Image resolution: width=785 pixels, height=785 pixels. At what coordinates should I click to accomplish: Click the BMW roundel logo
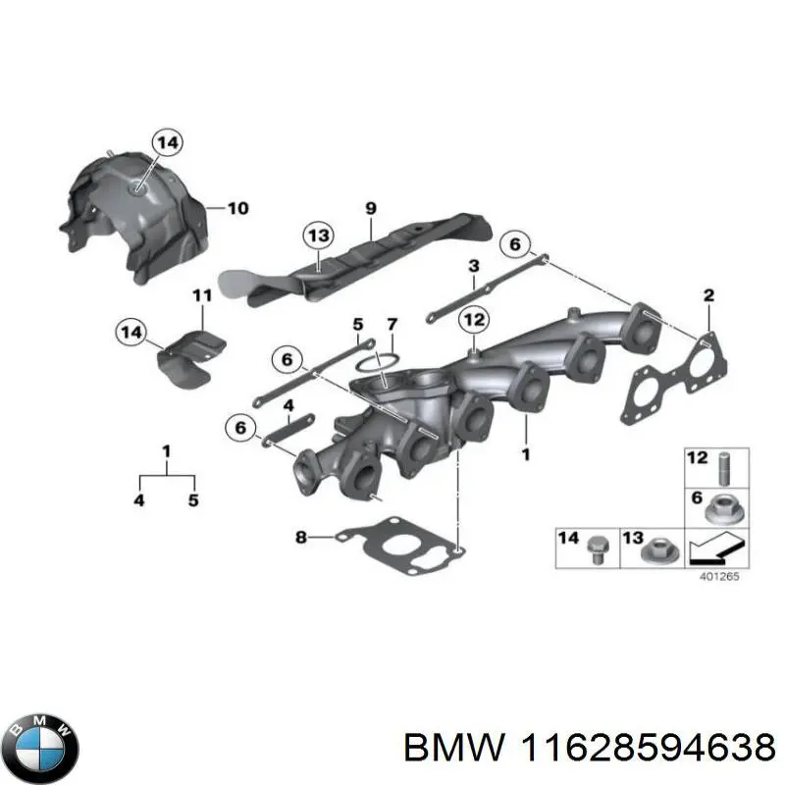(x=43, y=748)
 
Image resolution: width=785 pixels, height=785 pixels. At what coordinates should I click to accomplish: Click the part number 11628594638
(x=648, y=748)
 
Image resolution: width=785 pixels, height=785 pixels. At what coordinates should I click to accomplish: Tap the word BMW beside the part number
(x=453, y=748)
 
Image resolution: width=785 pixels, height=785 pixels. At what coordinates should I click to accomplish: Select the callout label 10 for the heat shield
(x=237, y=208)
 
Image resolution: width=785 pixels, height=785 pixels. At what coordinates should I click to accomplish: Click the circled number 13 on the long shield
(x=319, y=235)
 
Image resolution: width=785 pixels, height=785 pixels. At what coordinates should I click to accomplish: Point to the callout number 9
(x=371, y=208)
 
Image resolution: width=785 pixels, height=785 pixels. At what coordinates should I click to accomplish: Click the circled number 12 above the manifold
(x=474, y=320)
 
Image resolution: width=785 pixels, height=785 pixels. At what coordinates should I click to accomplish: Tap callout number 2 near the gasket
(x=708, y=295)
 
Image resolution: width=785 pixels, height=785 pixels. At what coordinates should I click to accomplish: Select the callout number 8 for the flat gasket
(x=300, y=537)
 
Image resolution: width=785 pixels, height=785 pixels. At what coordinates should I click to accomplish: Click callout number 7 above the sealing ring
(x=392, y=325)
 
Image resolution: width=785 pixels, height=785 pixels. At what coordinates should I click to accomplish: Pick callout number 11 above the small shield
(x=202, y=295)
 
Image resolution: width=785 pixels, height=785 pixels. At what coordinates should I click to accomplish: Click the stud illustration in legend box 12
(x=724, y=469)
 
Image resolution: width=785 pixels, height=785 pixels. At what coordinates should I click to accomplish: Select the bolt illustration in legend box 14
(x=597, y=550)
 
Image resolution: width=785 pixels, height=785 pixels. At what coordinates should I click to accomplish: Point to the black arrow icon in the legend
(x=716, y=548)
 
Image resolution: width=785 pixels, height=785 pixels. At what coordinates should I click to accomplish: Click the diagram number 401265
(x=718, y=576)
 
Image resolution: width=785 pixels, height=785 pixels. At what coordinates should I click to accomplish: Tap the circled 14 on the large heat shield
(x=167, y=142)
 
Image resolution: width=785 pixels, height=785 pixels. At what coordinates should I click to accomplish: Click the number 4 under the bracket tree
(x=139, y=499)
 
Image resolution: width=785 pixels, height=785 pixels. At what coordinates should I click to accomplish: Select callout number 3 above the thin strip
(x=474, y=266)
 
